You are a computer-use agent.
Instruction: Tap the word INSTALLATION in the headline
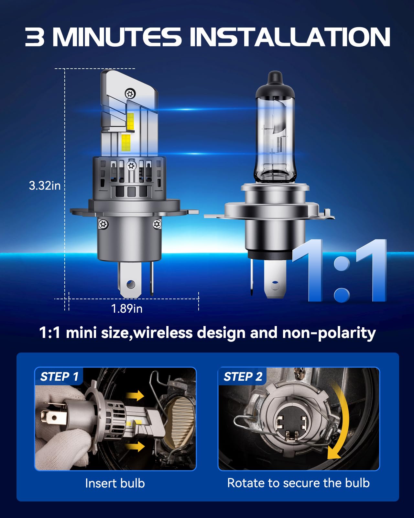click(289, 37)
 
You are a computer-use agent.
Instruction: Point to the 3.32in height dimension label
click(45, 186)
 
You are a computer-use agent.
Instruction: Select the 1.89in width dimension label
click(126, 309)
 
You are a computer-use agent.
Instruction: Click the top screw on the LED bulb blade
click(130, 94)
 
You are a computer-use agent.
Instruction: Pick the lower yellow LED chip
click(125, 142)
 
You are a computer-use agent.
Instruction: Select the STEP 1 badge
click(59, 377)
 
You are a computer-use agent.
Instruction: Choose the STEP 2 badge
click(243, 377)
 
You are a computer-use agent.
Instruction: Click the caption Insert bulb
click(115, 483)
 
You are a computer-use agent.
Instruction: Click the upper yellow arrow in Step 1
click(135, 395)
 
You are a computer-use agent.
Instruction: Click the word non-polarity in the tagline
click(329, 333)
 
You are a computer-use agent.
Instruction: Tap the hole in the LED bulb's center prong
click(131, 285)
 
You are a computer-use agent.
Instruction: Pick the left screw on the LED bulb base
click(103, 224)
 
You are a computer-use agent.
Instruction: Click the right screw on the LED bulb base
click(157, 224)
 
